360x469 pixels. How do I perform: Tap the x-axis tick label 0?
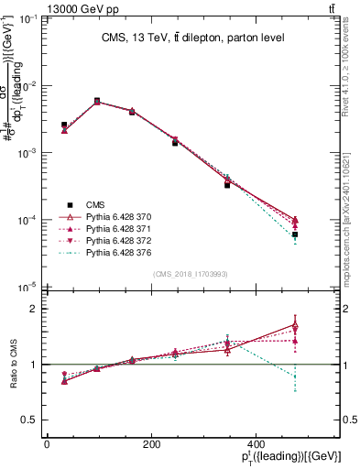47,444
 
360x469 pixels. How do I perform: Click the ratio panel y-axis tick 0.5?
34,420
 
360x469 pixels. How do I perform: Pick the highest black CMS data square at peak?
97,101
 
